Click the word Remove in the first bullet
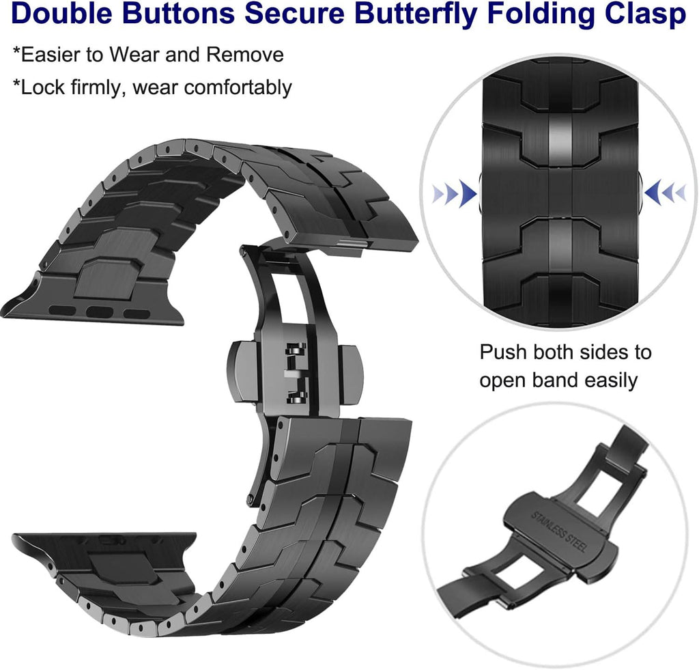point(245,55)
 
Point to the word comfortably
point(238,87)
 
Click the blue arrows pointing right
point(454,193)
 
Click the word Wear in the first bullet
point(134,55)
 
